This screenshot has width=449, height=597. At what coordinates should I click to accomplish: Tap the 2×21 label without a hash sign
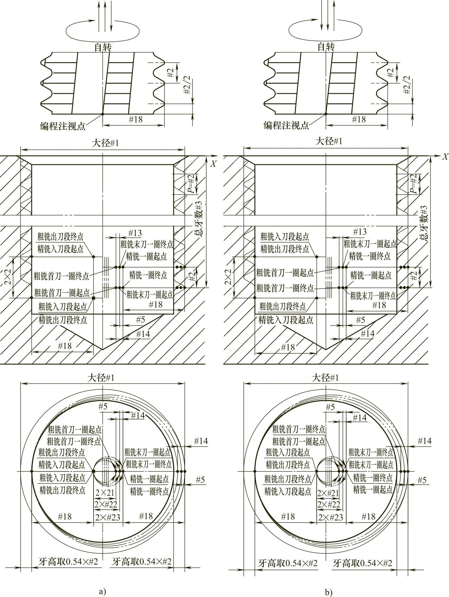[105, 493]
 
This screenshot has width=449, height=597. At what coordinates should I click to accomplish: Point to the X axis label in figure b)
[445, 157]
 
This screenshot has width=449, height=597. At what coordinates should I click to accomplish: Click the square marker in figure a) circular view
[94, 471]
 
